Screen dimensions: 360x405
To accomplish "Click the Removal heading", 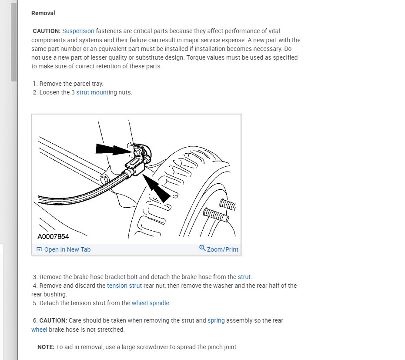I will pos(43,13).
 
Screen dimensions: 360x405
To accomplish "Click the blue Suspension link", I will pos(78,31).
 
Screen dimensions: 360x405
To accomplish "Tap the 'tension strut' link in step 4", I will pos(124,286).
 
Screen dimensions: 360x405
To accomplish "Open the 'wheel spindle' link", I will pos(151,303).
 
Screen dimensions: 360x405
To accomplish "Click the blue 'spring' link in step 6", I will pos(216,320).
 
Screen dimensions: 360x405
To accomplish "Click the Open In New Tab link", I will pos(67,249).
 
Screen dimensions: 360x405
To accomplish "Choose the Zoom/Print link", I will pos(222,249).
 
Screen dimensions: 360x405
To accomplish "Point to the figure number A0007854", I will pos(53,237).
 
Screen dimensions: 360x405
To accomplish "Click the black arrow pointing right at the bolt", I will pos(111,150).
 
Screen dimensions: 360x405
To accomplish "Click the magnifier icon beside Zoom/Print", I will pos(202,248).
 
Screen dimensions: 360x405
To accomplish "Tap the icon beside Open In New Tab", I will pos(39,249).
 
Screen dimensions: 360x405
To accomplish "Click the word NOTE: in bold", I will pos(46,347).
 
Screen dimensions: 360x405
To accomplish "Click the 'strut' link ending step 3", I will pos(244,277).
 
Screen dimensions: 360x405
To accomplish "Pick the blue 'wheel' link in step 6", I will pos(39,330).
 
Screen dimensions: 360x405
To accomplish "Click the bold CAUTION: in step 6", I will pos(53,320).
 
